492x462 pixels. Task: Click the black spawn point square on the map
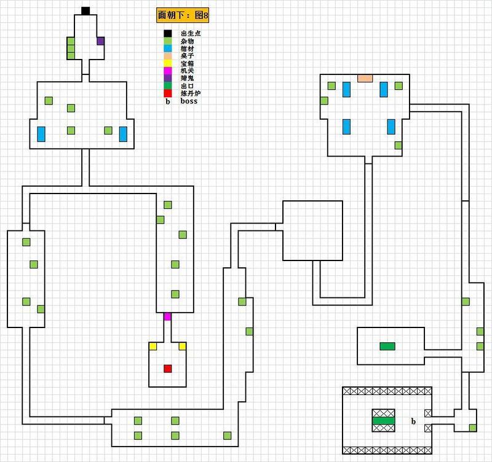click(x=85, y=11)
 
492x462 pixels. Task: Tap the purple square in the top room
click(x=100, y=41)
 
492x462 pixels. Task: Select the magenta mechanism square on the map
click(x=167, y=316)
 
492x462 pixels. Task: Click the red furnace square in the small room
click(x=167, y=369)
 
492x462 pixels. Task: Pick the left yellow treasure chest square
click(x=153, y=346)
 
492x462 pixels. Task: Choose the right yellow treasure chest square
click(x=182, y=346)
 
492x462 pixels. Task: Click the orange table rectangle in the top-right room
click(x=365, y=79)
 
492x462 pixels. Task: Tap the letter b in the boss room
click(x=413, y=421)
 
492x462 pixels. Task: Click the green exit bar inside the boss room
click(x=383, y=420)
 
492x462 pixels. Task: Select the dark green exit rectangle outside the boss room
click(x=387, y=346)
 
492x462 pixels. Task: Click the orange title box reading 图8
click(x=183, y=15)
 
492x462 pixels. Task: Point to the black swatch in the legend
click(x=167, y=34)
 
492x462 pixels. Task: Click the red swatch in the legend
click(x=167, y=93)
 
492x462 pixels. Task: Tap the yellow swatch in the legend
click(x=167, y=64)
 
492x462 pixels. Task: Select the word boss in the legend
click(x=189, y=101)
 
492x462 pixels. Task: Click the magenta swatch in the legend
click(x=167, y=71)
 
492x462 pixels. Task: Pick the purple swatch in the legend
click(x=167, y=79)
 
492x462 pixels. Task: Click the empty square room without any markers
click(x=312, y=230)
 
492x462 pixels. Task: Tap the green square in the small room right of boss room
click(x=472, y=428)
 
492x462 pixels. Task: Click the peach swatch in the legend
click(x=167, y=56)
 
